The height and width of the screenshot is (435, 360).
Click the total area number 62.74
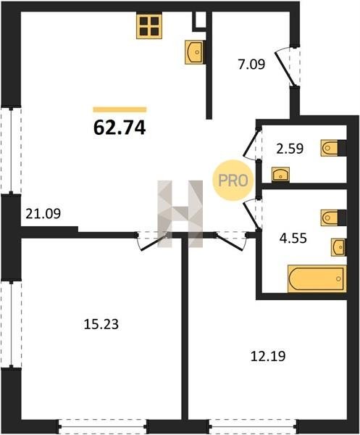click(120, 128)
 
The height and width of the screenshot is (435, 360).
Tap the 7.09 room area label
click(251, 64)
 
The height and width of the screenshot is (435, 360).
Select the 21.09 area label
click(43, 214)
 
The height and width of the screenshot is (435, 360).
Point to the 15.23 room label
click(101, 324)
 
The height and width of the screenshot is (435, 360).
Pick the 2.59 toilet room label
click(290, 149)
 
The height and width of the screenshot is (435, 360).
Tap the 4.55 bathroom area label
click(293, 238)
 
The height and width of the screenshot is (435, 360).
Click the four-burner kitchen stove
click(149, 26)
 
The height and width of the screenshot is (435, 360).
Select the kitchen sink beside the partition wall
click(195, 52)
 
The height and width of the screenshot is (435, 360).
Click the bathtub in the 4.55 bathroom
click(317, 278)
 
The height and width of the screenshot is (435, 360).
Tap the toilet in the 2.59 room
click(330, 148)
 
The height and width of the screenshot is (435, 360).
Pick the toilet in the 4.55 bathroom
click(330, 217)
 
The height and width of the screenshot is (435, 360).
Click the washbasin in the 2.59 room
click(281, 174)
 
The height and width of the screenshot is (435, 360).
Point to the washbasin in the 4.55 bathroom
click(338, 247)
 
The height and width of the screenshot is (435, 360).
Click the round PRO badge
click(233, 181)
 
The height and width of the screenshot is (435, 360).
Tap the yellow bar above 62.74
click(120, 109)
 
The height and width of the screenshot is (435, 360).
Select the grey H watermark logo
click(180, 214)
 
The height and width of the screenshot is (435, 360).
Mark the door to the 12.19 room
click(231, 240)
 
